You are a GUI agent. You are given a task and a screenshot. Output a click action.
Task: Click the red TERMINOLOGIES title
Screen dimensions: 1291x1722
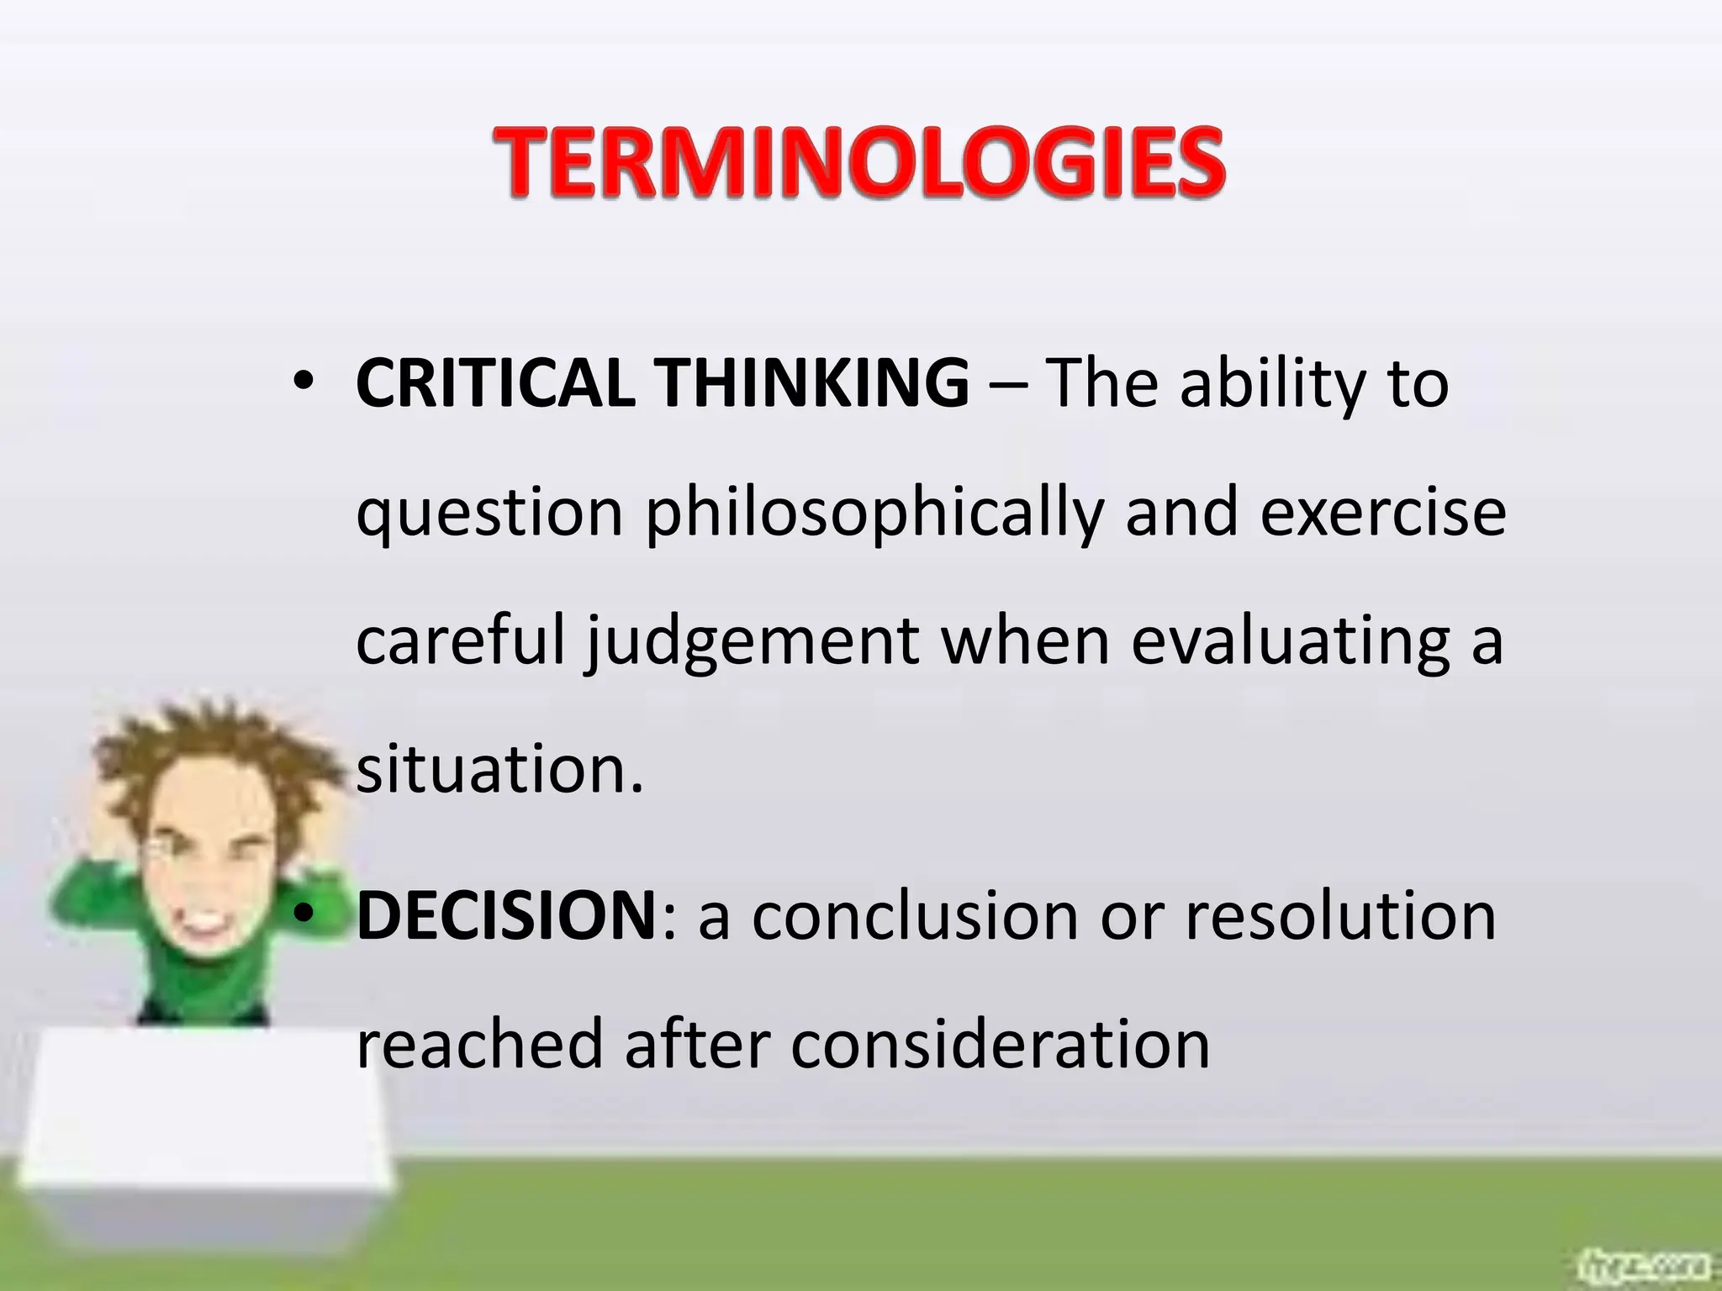pos(858,161)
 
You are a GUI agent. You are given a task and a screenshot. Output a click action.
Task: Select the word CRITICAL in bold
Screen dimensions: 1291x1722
pos(495,384)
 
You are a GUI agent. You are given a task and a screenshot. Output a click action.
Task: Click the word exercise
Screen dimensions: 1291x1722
pos(1382,513)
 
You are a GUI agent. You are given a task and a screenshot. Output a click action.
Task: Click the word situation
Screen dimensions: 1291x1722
pos(499,769)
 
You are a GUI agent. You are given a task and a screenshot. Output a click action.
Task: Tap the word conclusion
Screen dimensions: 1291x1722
pos(915,916)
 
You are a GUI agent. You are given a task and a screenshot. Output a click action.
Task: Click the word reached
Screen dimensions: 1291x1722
pos(480,1045)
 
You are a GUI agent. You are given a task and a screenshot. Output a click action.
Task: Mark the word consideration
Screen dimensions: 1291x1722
pos(1000,1045)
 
